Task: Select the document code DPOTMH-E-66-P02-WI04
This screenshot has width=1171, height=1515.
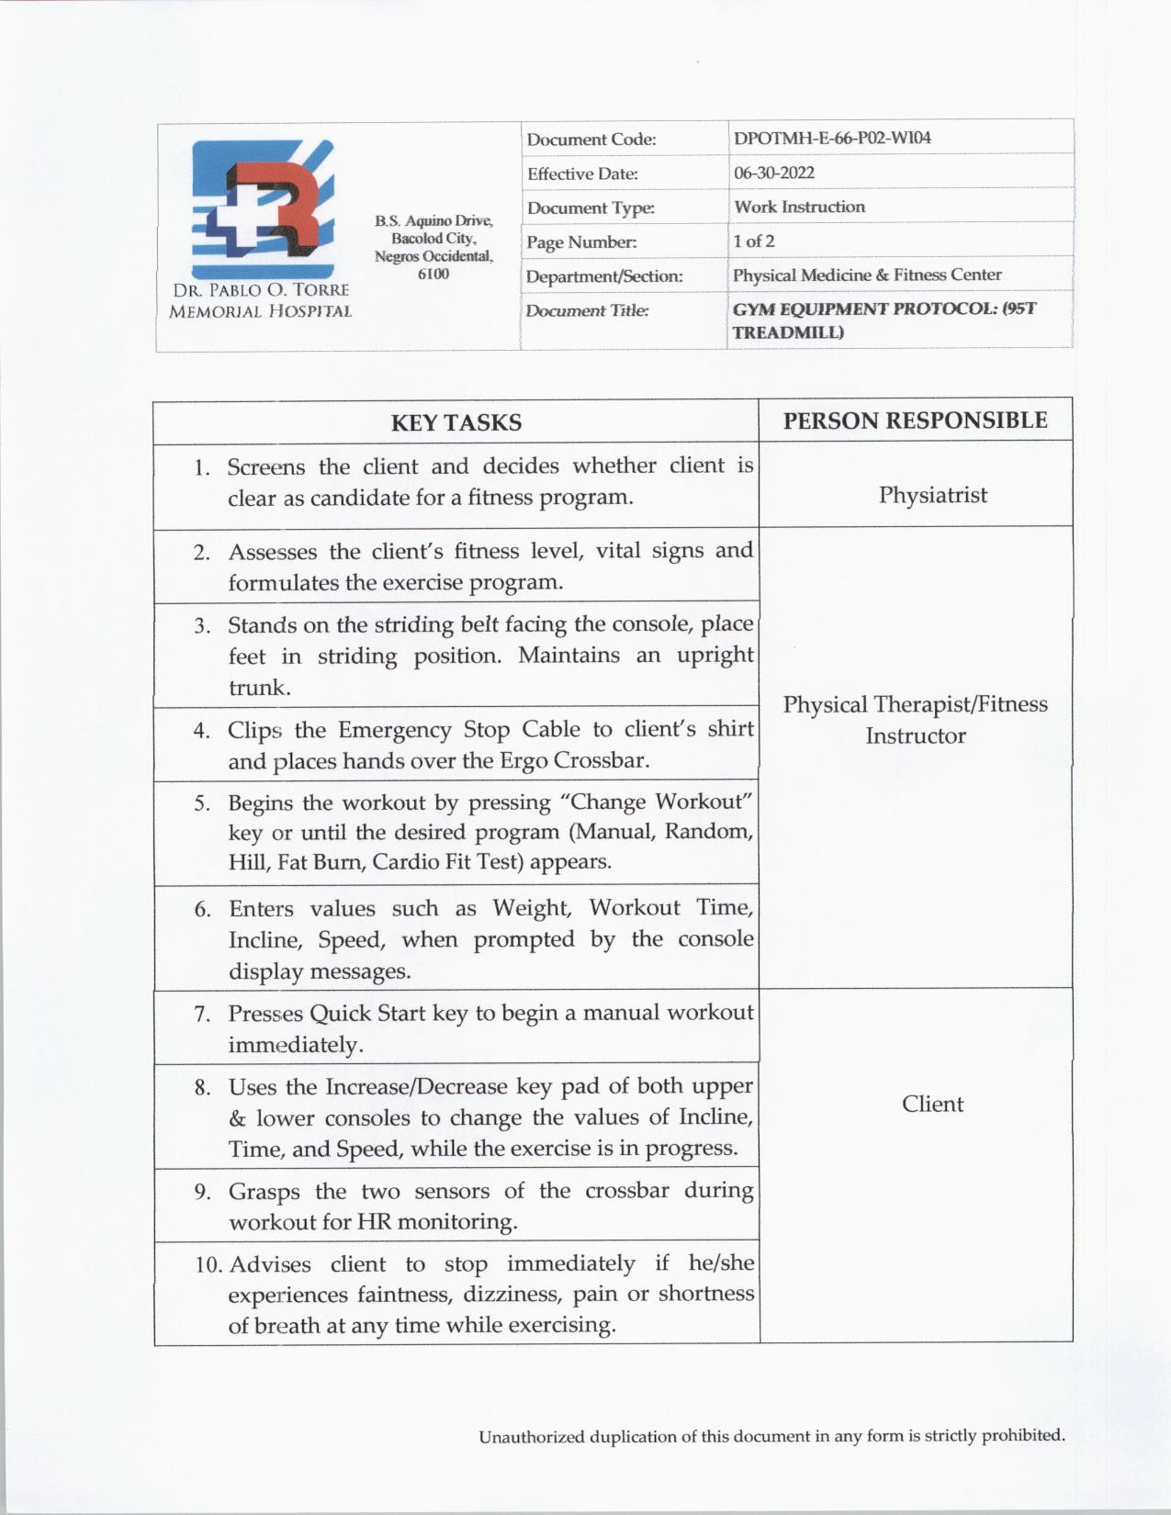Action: click(x=832, y=139)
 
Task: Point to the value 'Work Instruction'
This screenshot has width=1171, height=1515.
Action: click(x=799, y=207)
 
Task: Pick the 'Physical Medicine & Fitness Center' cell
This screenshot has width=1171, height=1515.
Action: click(x=867, y=275)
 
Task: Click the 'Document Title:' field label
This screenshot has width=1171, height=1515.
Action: click(x=587, y=311)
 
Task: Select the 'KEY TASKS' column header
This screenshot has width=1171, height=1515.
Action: click(x=456, y=422)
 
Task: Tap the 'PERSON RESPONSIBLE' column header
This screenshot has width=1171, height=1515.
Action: click(x=915, y=421)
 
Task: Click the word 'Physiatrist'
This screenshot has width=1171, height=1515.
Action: click(x=932, y=495)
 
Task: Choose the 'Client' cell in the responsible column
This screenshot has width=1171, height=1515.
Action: click(x=932, y=1104)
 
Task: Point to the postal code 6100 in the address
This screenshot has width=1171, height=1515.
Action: click(x=433, y=274)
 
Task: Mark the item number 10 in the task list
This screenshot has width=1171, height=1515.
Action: click(x=208, y=1264)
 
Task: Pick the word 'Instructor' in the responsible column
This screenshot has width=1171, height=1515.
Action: click(x=915, y=736)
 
